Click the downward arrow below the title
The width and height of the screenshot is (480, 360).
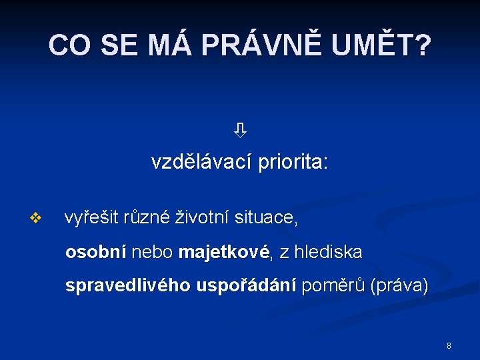(240, 130)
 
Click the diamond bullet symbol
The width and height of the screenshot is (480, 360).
(36, 217)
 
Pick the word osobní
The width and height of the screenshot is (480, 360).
(95, 252)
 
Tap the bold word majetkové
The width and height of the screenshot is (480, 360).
(224, 252)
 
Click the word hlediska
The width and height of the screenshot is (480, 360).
(330, 252)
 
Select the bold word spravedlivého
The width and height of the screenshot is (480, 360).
(128, 286)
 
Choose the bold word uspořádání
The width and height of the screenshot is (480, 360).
(246, 286)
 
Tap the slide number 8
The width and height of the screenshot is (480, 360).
(449, 346)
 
